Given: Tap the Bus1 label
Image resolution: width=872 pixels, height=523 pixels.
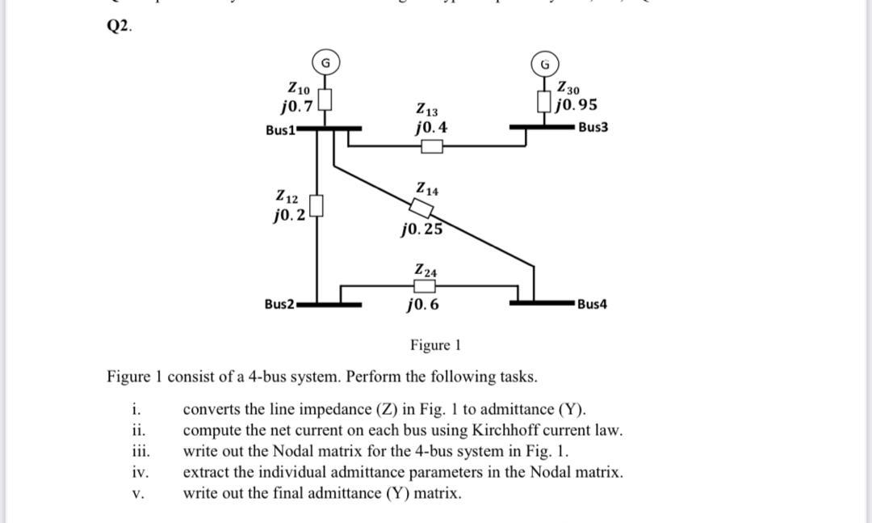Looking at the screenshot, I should click(x=280, y=130).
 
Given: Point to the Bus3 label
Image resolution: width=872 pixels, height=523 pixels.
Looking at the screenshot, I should click(x=593, y=128).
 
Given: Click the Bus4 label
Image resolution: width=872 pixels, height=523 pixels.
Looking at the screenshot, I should click(x=593, y=304).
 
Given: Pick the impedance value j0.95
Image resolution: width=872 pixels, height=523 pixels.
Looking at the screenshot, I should click(x=576, y=105).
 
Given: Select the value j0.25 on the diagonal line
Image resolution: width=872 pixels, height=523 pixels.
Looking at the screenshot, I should click(x=421, y=229).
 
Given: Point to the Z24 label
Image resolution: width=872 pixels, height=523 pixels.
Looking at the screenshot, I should click(x=426, y=270).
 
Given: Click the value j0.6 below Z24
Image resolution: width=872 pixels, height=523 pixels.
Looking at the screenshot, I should click(x=423, y=306).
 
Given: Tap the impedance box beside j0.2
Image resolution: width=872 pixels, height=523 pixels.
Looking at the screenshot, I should click(x=317, y=207).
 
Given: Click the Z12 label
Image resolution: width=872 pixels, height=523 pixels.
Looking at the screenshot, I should click(x=288, y=196).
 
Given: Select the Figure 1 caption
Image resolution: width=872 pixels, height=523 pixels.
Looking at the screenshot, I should click(x=434, y=345).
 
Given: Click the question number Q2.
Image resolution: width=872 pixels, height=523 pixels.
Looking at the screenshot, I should click(x=119, y=25).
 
